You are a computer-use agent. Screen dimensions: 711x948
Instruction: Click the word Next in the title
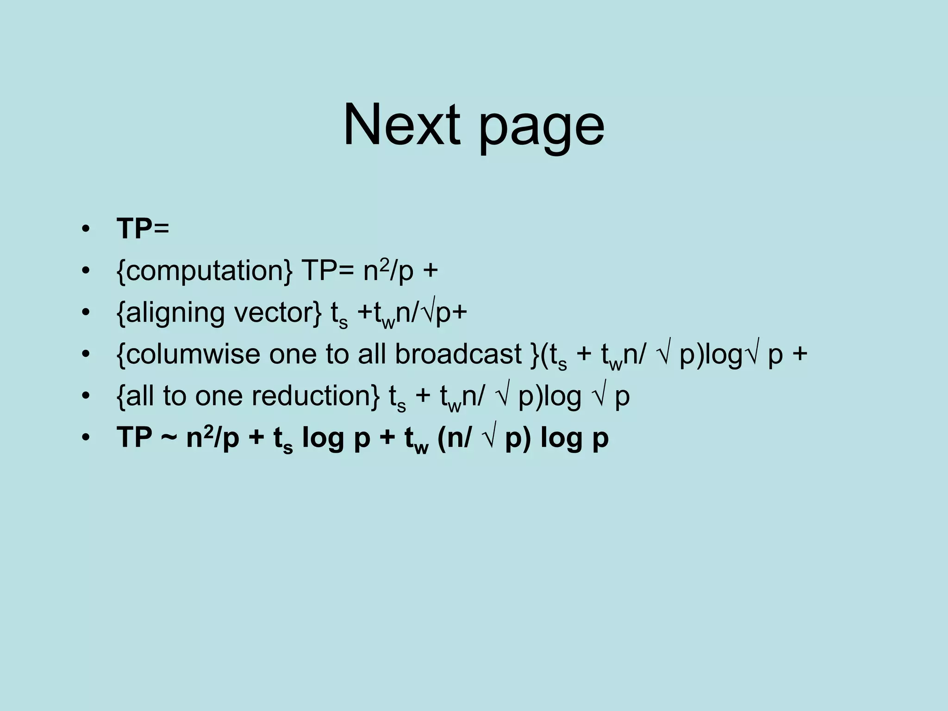pyautogui.click(x=401, y=125)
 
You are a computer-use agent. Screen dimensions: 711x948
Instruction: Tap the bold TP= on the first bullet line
pyautogui.click(x=143, y=229)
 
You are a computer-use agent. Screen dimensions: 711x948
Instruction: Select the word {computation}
pyautogui.click(x=204, y=271)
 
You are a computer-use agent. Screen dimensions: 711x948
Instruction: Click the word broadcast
pyautogui.click(x=458, y=354)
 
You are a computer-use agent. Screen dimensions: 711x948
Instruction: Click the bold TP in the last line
pyautogui.click(x=134, y=438)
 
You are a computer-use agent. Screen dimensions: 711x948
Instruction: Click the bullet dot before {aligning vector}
pyautogui.click(x=85, y=313)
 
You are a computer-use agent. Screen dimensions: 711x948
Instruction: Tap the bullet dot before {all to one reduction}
pyautogui.click(x=85, y=397)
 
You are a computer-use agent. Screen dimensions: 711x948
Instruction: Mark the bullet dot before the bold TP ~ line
pyautogui.click(x=85, y=438)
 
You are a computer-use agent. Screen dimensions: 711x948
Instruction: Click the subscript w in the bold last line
pyautogui.click(x=421, y=448)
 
